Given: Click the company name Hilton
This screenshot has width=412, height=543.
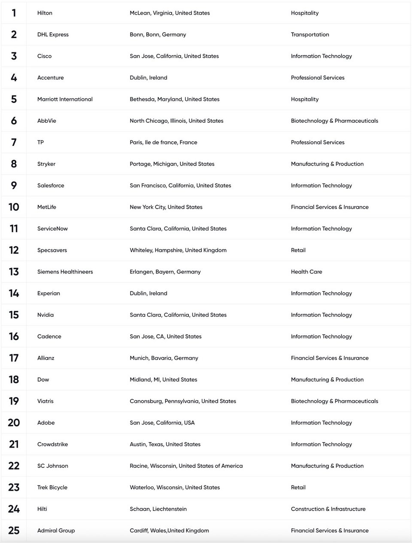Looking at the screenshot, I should pyautogui.click(x=45, y=13).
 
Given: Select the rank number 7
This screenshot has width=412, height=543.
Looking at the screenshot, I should pyautogui.click(x=14, y=143).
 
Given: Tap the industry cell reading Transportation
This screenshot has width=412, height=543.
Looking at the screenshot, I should pyautogui.click(x=310, y=34).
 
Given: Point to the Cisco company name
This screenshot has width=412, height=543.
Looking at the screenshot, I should pyautogui.click(x=44, y=56).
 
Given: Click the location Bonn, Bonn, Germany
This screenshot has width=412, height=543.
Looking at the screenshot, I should pyautogui.click(x=158, y=34).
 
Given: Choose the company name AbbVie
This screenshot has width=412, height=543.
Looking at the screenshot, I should pyautogui.click(x=46, y=121).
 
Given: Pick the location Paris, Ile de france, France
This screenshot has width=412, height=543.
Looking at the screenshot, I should pyautogui.click(x=163, y=143).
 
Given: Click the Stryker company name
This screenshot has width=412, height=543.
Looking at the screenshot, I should pyautogui.click(x=46, y=164).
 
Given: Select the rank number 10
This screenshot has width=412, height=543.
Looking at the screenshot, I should pyautogui.click(x=14, y=207).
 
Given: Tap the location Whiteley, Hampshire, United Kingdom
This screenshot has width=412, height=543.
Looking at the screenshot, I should pyautogui.click(x=178, y=250).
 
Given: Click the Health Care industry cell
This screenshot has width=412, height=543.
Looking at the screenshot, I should pyautogui.click(x=306, y=272).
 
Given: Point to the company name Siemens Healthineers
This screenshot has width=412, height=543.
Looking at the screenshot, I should pyautogui.click(x=65, y=272).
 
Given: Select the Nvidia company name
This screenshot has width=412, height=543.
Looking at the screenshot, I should pyautogui.click(x=45, y=315).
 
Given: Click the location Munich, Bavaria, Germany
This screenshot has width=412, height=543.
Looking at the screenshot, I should pyautogui.click(x=164, y=358).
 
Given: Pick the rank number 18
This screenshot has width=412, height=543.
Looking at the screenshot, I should pyautogui.click(x=14, y=379).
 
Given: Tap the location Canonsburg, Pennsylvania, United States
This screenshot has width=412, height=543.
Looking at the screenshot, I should pyautogui.click(x=182, y=401).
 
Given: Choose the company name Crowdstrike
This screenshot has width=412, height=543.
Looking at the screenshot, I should pyautogui.click(x=52, y=444).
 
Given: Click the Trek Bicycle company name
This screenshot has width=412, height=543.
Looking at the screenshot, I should pyautogui.click(x=52, y=487).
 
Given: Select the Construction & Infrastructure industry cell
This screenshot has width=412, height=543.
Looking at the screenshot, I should pyautogui.click(x=328, y=509).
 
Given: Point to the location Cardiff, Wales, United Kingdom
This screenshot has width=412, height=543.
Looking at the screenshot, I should pyautogui.click(x=169, y=531).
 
